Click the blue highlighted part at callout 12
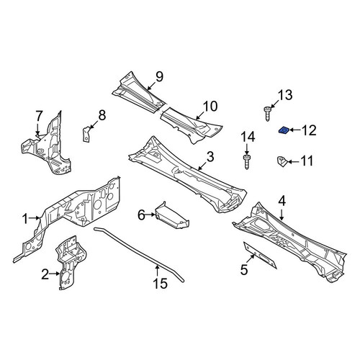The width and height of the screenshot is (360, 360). coord(284,130)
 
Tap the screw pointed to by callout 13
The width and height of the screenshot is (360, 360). coord(267,114)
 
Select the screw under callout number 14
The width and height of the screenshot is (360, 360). coord(247,162)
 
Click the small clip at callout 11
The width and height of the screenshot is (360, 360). coord(282,162)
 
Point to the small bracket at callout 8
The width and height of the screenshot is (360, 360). coord(86,134)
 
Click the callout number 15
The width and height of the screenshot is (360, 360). coord(160,283)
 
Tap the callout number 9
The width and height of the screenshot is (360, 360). coord(159,76)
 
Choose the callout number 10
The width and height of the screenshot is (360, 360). coord(210,107)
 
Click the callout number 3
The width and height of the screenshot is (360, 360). coord(210,157)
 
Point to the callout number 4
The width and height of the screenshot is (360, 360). coord(282,201)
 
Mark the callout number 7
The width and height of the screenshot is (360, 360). coord(39,116)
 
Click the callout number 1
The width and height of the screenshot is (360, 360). coord(25,219)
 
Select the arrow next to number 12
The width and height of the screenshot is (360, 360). coord(295,130)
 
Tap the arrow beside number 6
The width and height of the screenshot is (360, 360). coord(150,215)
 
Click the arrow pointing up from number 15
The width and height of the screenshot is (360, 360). coord(157,270)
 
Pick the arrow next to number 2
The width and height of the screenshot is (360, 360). coord(55,274)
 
